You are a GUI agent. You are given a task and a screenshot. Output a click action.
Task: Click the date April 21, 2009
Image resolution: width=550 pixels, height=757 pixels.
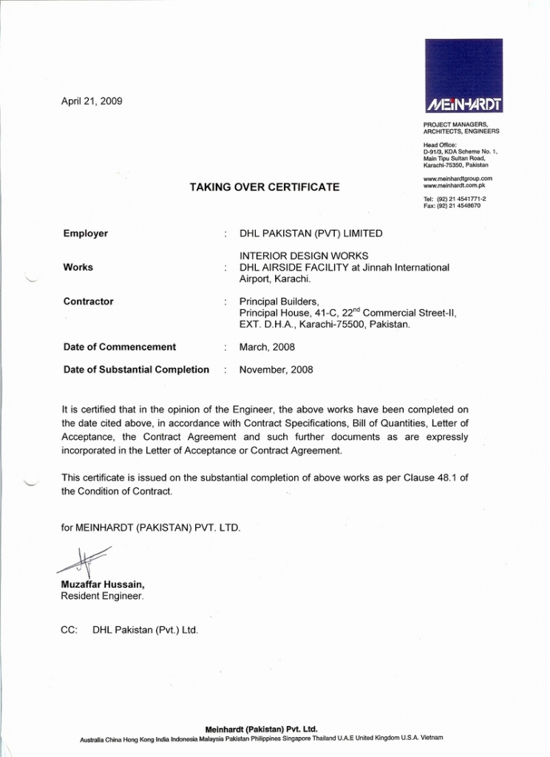[x=92, y=101]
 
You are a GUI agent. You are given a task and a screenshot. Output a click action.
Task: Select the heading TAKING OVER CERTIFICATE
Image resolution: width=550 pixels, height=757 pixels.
[x=265, y=187]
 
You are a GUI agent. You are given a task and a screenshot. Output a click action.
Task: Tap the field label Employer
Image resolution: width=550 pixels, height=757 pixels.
[x=86, y=234]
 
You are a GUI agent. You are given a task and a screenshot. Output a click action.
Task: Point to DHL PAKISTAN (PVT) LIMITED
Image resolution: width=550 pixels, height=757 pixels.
[x=311, y=234]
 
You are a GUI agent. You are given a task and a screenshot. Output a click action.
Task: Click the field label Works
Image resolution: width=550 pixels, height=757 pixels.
[x=78, y=267]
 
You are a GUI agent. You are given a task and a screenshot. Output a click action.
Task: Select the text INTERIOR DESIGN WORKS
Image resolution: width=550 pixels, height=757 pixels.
[x=304, y=256]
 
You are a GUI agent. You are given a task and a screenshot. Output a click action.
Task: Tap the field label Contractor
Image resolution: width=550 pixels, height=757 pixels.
[x=89, y=302]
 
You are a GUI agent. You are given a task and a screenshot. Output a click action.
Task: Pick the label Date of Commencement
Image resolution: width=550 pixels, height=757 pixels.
[x=120, y=347]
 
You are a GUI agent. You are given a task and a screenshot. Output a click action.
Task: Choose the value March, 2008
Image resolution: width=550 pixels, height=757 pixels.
[x=267, y=347]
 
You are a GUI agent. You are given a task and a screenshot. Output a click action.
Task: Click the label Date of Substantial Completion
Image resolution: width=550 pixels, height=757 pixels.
[x=137, y=370]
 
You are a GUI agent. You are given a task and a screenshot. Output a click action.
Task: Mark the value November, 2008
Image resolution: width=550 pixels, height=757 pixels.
[x=276, y=370]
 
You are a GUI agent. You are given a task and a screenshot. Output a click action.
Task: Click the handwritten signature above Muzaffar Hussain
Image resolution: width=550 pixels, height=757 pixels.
[x=84, y=562]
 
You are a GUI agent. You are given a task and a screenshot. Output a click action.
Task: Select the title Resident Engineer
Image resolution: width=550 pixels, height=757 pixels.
[x=102, y=596]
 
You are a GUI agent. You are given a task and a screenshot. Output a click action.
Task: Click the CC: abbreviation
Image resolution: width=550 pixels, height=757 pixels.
[x=69, y=631]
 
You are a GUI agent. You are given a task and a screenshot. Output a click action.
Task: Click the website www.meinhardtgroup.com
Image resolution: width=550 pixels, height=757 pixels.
[x=458, y=178]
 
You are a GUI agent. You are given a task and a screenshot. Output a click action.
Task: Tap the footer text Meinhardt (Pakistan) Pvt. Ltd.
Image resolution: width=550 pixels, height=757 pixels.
[x=261, y=728]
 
